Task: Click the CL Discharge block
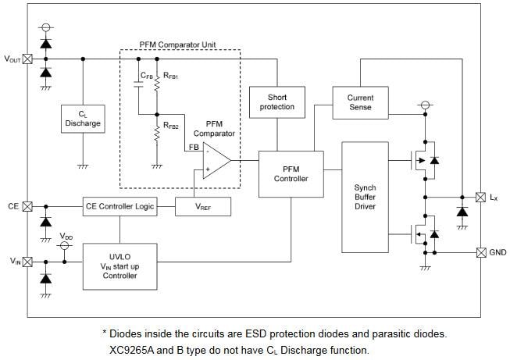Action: coord(83,119)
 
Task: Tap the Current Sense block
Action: coord(360,102)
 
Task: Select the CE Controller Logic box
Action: coord(119,207)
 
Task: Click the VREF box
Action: coord(196,207)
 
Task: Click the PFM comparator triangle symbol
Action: coord(215,161)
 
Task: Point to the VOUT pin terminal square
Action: coord(28,59)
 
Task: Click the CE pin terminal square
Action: coord(28,207)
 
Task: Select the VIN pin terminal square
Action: coord(28,262)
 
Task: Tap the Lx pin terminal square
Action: coord(480,198)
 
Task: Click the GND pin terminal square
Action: coord(480,252)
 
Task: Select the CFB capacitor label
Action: coord(147,76)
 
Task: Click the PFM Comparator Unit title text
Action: coord(179,46)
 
